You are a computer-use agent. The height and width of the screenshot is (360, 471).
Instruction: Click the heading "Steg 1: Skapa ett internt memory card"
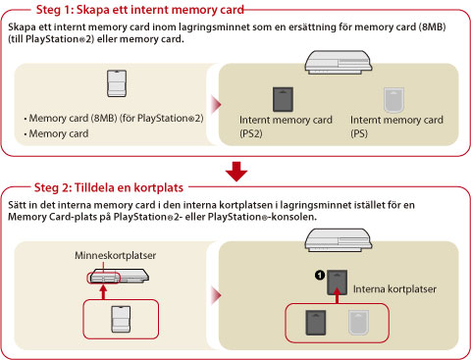(x=140, y=10)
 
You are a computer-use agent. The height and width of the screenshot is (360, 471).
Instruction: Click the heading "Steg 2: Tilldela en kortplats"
(x=109, y=187)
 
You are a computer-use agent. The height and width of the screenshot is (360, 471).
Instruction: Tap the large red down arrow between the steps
(x=236, y=172)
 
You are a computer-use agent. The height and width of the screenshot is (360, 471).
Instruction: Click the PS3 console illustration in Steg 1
(x=339, y=62)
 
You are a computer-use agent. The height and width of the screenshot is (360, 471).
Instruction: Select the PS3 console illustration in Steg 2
(x=339, y=240)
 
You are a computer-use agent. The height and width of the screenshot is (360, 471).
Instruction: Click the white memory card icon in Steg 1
(x=117, y=83)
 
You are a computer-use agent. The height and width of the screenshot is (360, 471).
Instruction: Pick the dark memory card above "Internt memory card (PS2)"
(x=283, y=99)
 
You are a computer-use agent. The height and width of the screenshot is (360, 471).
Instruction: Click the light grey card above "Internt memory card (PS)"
(x=393, y=100)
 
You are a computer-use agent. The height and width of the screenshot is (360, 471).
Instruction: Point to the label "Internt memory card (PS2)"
(x=286, y=127)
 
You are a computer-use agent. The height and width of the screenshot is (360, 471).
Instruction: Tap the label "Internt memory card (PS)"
(x=396, y=127)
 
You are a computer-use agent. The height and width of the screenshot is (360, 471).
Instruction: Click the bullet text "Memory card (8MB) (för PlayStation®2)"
(x=116, y=118)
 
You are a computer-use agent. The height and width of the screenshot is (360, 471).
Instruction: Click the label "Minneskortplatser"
(x=115, y=255)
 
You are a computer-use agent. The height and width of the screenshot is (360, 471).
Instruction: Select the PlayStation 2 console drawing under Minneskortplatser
(x=119, y=276)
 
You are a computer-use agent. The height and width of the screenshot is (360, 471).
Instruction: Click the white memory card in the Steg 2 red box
(x=121, y=319)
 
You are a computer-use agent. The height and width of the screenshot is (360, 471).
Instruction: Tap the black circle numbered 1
(x=320, y=275)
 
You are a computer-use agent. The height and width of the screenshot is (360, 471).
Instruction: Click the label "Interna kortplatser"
(x=394, y=289)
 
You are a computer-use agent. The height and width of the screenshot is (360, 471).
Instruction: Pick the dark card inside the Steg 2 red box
(x=316, y=323)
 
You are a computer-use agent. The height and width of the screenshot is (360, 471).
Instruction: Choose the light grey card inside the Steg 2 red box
(x=358, y=323)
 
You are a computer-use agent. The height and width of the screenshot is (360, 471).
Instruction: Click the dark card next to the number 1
(x=338, y=282)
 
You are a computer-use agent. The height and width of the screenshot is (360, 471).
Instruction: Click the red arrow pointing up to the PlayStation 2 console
(x=103, y=292)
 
